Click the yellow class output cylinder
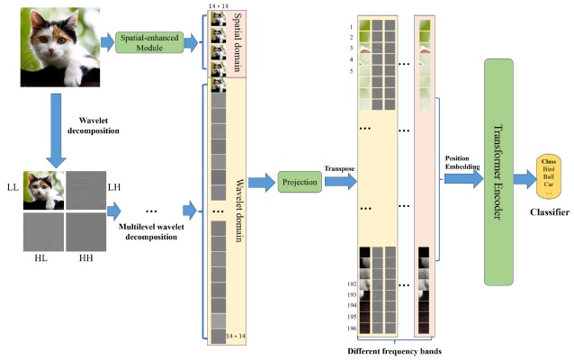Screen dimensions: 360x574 [x=548, y=178]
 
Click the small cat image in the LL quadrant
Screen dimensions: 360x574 [x=43, y=190]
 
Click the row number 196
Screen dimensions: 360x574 [x=351, y=329]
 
